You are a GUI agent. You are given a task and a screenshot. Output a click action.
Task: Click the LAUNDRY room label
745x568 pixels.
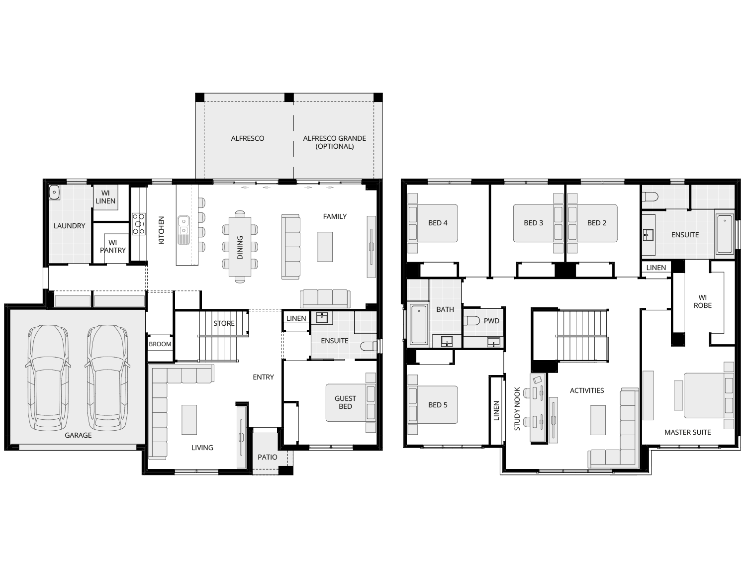coord(69,226)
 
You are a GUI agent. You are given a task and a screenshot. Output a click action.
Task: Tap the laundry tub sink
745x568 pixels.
coord(54,192)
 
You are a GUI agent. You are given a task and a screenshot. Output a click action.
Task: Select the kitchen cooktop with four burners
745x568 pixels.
coord(138,224)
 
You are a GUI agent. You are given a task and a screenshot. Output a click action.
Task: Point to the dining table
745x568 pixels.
coord(240,247)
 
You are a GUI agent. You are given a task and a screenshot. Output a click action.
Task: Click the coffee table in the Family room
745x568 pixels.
coord(325,247)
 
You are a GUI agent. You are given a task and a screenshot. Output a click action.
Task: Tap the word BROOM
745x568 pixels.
coord(160,344)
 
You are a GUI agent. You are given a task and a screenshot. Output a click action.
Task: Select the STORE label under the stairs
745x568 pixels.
coord(224,323)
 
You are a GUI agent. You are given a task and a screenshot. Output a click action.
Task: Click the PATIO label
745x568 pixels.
coord(268,457)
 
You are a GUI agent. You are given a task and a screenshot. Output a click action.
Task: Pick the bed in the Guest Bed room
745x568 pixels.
coord(351,403)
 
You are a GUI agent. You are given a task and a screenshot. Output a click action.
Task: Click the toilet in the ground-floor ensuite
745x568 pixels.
coord(369,346)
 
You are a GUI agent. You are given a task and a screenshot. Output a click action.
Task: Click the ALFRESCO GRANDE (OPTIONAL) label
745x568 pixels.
coord(334,142)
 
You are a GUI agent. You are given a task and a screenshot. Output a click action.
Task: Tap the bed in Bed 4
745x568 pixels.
coord(433,223)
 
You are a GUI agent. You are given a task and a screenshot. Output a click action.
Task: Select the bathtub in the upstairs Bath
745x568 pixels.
coord(419,324)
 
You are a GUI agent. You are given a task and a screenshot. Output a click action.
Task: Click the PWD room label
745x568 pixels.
coord(491,321)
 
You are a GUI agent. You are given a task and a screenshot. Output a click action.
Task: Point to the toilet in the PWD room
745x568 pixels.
coord(472,320)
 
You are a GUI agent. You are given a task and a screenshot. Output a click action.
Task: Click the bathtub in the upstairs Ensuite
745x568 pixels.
coord(725,234)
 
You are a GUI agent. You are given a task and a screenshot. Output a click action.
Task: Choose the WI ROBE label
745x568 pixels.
coord(703,301)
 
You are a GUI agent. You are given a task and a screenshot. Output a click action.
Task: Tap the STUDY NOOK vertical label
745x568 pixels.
coord(517,409)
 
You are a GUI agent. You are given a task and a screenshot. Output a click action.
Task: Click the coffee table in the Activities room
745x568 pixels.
coord(598,420)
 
